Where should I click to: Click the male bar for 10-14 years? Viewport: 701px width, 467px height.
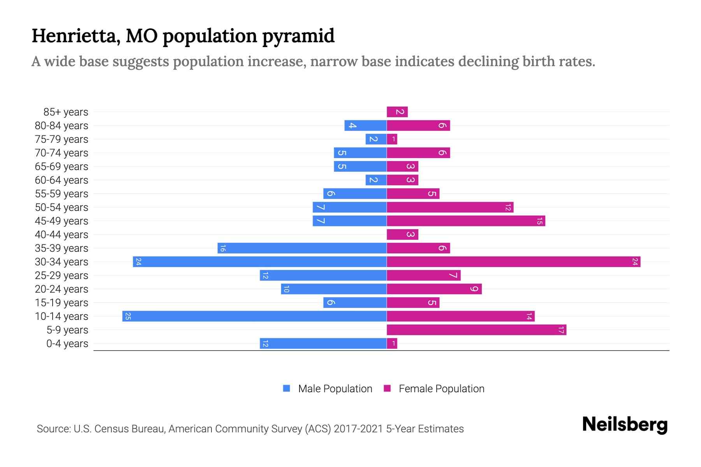pos(254,316)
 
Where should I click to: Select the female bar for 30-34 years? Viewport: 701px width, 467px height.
pos(513,262)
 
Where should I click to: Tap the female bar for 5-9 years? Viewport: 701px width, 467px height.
pos(476,330)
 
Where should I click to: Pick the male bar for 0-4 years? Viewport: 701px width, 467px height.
pos(323,344)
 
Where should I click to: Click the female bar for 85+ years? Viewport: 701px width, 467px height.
pos(397,112)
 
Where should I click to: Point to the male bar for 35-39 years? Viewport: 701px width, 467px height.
pos(302,248)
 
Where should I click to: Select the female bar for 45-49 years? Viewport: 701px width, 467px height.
pos(466,221)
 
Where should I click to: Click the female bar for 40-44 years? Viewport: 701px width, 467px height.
pos(402,235)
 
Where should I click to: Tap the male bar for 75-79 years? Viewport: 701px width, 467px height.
pos(376,139)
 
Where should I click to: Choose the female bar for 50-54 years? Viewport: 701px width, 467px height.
pos(450,207)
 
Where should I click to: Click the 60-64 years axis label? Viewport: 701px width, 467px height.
pos(62,180)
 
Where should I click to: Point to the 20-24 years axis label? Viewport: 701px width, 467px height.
pos(62,289)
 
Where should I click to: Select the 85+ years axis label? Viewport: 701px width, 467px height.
pos(66,112)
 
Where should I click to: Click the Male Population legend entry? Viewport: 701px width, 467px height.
pos(328,389)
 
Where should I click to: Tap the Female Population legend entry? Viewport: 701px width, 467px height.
pos(434,389)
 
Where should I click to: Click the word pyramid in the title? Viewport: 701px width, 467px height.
pos(298,36)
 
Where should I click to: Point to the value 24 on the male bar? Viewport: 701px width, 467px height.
pos(138,262)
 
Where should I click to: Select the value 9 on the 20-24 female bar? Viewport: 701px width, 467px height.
pos(474,289)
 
